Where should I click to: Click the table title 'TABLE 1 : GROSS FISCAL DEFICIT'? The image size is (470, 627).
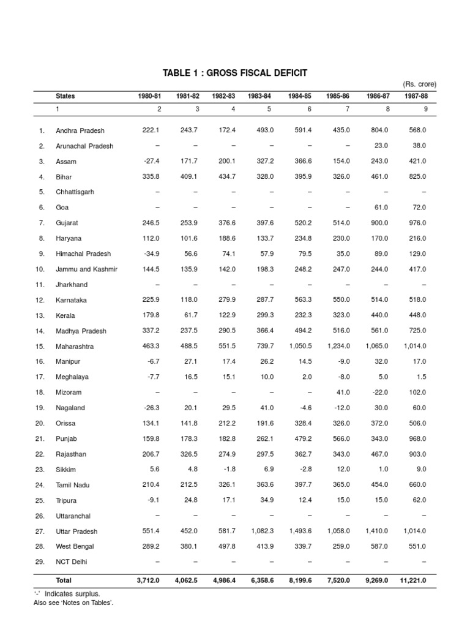tap(235, 73)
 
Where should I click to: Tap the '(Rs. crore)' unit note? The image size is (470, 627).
tap(419, 84)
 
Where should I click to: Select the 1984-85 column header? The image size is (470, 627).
tap(300, 96)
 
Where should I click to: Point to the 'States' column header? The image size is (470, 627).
tap(65, 96)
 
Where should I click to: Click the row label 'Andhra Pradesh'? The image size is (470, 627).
tap(80, 130)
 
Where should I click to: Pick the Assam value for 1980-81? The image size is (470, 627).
tap(151, 161)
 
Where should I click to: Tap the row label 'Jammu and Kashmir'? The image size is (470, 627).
tap(86, 269)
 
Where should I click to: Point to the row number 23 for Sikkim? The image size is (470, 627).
tap(41, 470)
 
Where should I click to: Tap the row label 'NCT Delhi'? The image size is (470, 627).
tap(72, 561)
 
